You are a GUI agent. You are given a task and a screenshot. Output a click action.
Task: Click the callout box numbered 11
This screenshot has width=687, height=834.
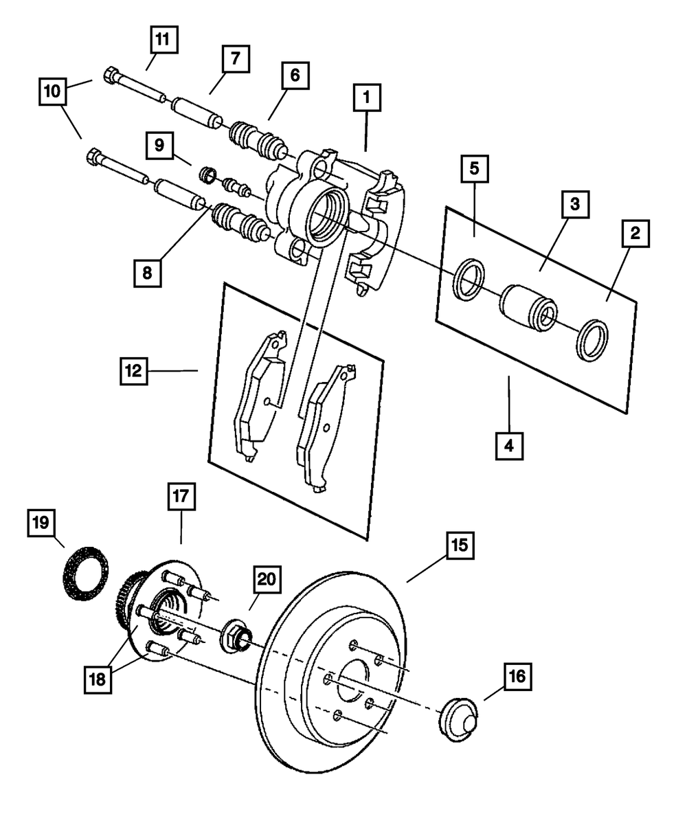coord(164,40)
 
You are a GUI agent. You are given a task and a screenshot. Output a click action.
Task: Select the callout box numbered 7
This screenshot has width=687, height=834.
coord(236,58)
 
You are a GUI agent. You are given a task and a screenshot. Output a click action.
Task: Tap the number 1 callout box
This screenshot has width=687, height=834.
coord(367,98)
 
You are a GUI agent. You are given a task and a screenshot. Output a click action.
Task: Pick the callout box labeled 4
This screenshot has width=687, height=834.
coord(509,446)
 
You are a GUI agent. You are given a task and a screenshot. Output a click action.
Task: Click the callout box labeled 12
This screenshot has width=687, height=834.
coord(134,371)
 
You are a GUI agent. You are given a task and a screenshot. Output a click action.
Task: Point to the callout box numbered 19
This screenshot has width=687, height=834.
coord(41,522)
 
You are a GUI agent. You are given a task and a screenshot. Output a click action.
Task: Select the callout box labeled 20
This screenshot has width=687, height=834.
coord(267,579)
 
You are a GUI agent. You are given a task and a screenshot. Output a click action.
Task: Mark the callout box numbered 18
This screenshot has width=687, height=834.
coord(98,679)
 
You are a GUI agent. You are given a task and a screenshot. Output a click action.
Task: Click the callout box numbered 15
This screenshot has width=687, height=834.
coord(460,545)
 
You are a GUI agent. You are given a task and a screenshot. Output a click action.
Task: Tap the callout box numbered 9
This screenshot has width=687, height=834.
coord(159,146)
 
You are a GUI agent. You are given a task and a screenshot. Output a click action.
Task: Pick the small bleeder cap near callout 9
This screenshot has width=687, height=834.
coord(207,175)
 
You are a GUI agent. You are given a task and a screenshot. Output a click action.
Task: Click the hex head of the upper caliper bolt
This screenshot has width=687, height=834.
coord(110,76)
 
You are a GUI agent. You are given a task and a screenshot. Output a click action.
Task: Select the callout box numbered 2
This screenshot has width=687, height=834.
coord(635,234)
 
